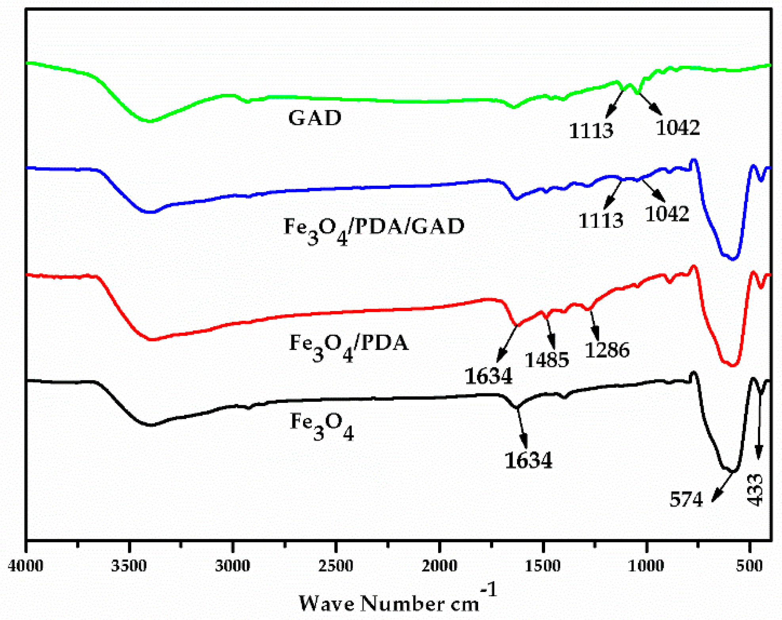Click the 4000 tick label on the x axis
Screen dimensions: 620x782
[25, 566]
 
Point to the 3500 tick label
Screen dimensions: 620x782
[129, 566]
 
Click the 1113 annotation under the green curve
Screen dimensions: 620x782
[591, 131]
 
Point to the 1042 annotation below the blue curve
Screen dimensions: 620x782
[667, 214]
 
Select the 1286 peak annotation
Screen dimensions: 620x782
[607, 350]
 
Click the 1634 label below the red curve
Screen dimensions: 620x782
[488, 376]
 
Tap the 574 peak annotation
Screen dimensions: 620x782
[686, 499]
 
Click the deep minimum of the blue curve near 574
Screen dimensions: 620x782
[732, 258]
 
